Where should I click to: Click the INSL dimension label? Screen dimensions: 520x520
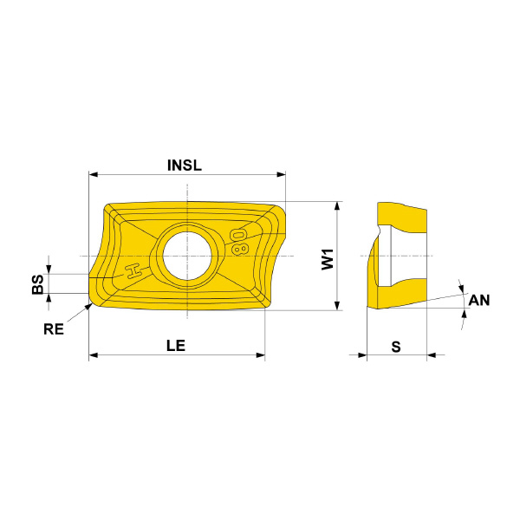tap(185, 166)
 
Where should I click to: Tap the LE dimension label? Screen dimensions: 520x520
tap(176, 346)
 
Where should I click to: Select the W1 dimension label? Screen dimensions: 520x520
tap(328, 259)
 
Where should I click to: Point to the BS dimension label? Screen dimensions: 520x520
tap(38, 284)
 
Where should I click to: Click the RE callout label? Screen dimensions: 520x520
tap(54, 329)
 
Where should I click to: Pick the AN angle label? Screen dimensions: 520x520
tap(479, 300)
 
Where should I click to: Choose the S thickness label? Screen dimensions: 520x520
tap(396, 347)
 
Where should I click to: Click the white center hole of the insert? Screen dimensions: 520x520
tap(187, 256)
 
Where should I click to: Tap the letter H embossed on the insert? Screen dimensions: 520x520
tap(133, 271)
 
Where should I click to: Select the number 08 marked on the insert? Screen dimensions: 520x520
tap(239, 242)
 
